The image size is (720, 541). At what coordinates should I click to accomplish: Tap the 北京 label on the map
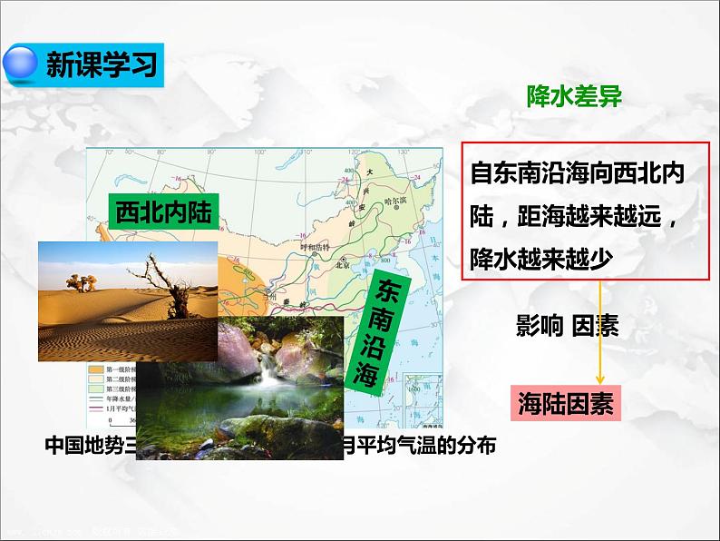pyautogui.click(x=342, y=265)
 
